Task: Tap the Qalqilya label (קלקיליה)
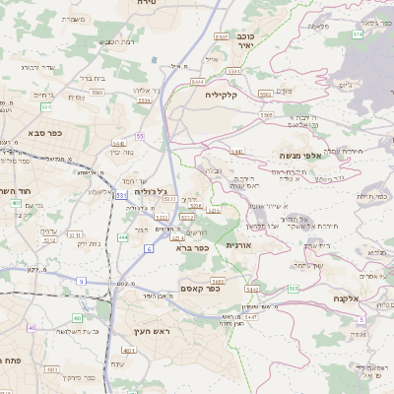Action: [x=204, y=96]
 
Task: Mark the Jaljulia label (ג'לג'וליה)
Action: [x=150, y=191]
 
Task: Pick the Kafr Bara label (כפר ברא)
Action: [x=192, y=249]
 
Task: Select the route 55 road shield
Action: [x=141, y=136]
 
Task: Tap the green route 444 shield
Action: [x=123, y=236]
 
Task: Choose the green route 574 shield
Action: [x=358, y=33]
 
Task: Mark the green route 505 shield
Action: [x=294, y=289]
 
